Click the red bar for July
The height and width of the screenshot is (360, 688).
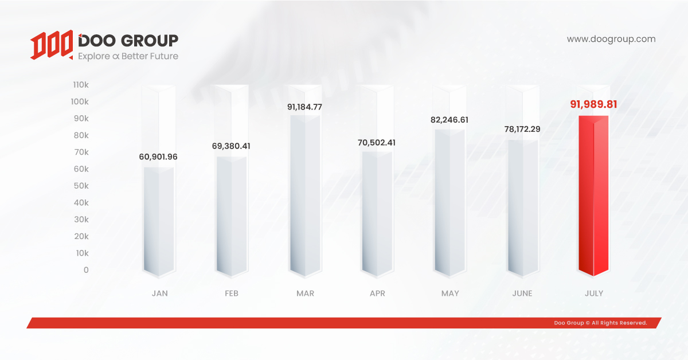(593, 195)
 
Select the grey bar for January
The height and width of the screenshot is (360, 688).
(159, 221)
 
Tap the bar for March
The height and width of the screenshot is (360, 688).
(305, 195)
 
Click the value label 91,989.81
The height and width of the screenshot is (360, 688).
(593, 104)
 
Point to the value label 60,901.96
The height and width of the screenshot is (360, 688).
(158, 156)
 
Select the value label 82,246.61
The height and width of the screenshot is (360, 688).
(449, 120)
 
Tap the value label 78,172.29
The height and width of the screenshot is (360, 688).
(522, 129)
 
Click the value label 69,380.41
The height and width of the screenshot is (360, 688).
(231, 146)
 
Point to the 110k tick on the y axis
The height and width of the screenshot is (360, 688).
(80, 85)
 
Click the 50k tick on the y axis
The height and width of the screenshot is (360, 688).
(81, 186)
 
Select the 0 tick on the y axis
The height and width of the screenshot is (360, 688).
(86, 270)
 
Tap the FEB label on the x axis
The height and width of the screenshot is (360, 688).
(232, 293)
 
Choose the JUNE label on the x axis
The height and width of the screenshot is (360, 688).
(522, 293)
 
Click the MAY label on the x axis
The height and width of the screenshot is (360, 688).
(450, 293)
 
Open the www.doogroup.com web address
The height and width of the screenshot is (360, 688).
(611, 40)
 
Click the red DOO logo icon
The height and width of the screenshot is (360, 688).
(52, 46)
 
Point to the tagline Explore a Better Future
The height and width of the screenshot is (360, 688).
(128, 56)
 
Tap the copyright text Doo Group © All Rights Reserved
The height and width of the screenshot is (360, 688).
(600, 323)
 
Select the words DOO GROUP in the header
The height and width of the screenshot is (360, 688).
(128, 40)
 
